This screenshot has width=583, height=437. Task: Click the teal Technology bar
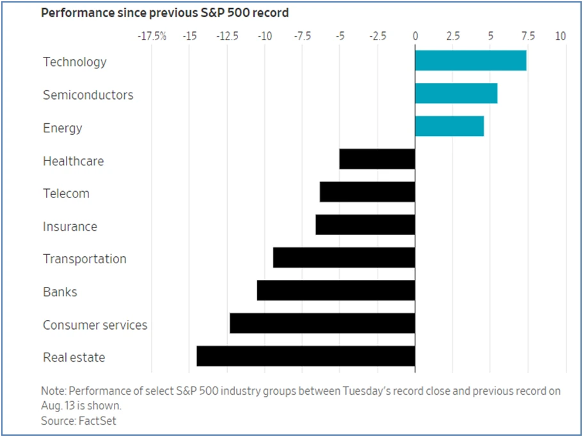(x=471, y=61)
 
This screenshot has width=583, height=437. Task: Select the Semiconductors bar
(x=456, y=93)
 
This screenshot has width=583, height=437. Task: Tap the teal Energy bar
(x=449, y=126)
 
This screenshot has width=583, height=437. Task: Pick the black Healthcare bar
(x=377, y=159)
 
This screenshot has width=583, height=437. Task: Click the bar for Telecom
(x=367, y=192)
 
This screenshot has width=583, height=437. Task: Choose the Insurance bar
(x=365, y=225)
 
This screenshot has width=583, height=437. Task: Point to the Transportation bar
(x=344, y=257)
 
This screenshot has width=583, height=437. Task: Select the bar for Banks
(x=336, y=290)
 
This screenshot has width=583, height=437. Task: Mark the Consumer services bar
(x=323, y=323)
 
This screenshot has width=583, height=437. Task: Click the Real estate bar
(x=306, y=356)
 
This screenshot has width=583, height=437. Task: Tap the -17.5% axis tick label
(x=152, y=36)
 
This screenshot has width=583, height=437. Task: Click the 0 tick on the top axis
(x=415, y=36)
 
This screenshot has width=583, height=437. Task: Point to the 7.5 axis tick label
(x=528, y=36)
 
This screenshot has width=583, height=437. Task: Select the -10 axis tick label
(x=265, y=36)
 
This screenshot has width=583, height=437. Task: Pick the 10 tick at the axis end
(x=561, y=36)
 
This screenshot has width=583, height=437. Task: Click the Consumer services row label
(x=95, y=325)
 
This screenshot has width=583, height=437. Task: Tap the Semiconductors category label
(x=88, y=95)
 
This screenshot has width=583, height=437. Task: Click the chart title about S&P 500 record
(x=164, y=13)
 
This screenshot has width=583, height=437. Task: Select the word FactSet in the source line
(x=97, y=420)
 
